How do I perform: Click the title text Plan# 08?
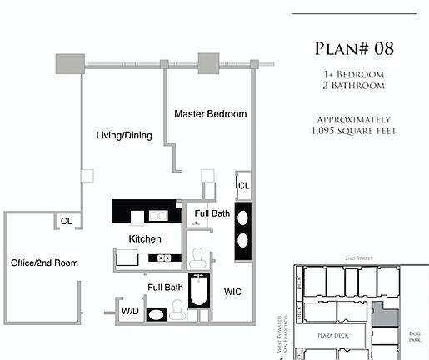[354, 48]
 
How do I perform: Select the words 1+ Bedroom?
[354, 73]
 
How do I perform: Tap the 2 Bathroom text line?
[354, 87]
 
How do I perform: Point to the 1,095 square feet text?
[354, 131]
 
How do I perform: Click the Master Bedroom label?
[211, 113]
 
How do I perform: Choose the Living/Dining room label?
[124, 135]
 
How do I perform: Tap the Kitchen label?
[144, 239]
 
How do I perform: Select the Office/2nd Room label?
[44, 263]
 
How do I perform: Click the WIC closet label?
[232, 292]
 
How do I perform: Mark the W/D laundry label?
[130, 312]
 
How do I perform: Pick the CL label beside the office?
[66, 221]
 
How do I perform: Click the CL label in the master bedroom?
[243, 186]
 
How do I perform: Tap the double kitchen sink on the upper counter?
[157, 216]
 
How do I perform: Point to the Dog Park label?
[415, 336]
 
